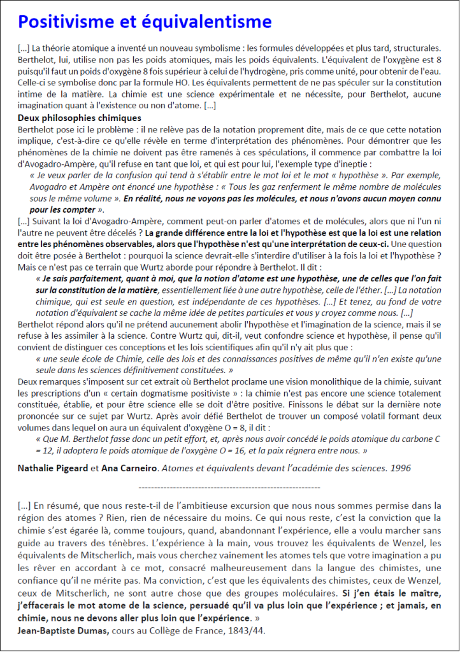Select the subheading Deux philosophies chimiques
(x=79, y=118)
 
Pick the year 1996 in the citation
(x=399, y=468)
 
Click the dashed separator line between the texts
(x=229, y=487)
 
